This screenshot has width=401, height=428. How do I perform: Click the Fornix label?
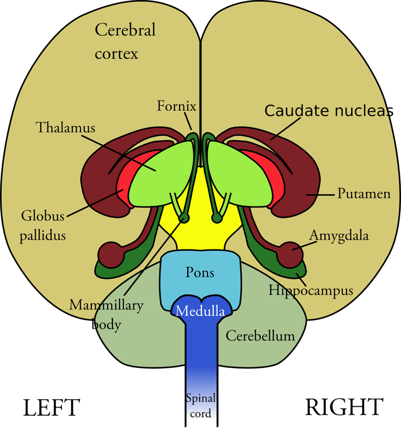click(176, 107)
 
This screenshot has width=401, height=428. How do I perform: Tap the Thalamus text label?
click(65, 127)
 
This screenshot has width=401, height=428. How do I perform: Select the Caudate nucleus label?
click(326, 111)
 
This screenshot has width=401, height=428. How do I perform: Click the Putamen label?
click(364, 194)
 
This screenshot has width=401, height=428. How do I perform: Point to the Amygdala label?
click(339, 236)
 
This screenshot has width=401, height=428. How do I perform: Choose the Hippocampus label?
click(311, 290)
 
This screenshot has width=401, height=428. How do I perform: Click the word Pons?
click(200, 273)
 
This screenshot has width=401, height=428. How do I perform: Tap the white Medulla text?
click(200, 311)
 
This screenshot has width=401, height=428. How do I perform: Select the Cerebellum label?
click(260, 336)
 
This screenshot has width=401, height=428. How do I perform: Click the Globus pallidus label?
click(44, 226)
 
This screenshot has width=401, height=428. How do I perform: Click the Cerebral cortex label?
click(125, 42)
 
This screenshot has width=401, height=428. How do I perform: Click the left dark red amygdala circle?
click(111, 255)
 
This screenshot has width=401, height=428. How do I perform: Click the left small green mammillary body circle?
click(184, 218)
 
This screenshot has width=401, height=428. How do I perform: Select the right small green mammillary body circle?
click(216, 218)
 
